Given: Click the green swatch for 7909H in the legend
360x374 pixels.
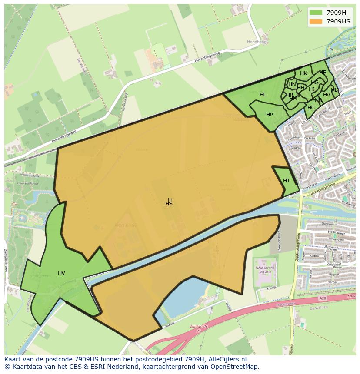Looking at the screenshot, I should point(316,13).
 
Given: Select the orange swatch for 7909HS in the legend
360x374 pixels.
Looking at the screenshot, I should point(316,21).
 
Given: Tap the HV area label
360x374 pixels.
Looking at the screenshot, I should point(61,273).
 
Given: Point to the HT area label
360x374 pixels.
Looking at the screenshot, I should point(287,181).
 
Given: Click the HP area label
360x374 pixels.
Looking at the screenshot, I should point(270,115).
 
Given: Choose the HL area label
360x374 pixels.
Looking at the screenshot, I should point(263,95).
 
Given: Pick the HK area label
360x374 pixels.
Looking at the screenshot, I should point(303,73).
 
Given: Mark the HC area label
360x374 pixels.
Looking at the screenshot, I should point(311,108).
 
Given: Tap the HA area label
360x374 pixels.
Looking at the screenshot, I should point(327,95).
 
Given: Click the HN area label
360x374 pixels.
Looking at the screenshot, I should point(292,84).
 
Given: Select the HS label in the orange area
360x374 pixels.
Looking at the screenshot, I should point(169,204).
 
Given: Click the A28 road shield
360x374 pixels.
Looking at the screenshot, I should point(322,298).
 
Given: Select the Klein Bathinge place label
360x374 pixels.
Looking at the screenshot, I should point(28,183).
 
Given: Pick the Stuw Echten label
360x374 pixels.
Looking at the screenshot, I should point(40,276).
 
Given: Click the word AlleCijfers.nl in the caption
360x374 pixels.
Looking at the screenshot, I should point(227,360).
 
